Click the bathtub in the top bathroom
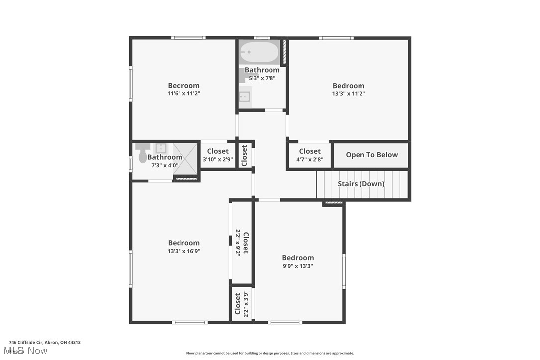pyautogui.click(x=260, y=52)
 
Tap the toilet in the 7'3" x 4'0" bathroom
pyautogui.click(x=143, y=152)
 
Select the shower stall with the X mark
pyautogui.click(x=185, y=159)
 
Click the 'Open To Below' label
pyautogui.click(x=371, y=155)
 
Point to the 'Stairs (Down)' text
pyautogui.click(x=361, y=184)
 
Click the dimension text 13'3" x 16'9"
pyautogui.click(x=183, y=251)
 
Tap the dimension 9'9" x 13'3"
pyautogui.click(x=298, y=266)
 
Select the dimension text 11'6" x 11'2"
pyautogui.click(x=183, y=93)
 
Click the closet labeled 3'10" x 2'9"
pyautogui.click(x=218, y=155)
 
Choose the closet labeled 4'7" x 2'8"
pyautogui.click(x=310, y=155)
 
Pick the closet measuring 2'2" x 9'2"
pyautogui.click(x=242, y=242)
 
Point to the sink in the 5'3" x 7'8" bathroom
pyautogui.click(x=245, y=97)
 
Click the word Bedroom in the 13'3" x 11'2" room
pyautogui.click(x=348, y=86)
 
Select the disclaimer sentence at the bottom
pyautogui.click(x=270, y=353)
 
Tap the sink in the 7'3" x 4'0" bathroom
pyautogui.click(x=161, y=148)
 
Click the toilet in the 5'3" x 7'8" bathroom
pyautogui.click(x=244, y=75)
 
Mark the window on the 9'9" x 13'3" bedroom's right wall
pyautogui.click(x=344, y=271)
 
